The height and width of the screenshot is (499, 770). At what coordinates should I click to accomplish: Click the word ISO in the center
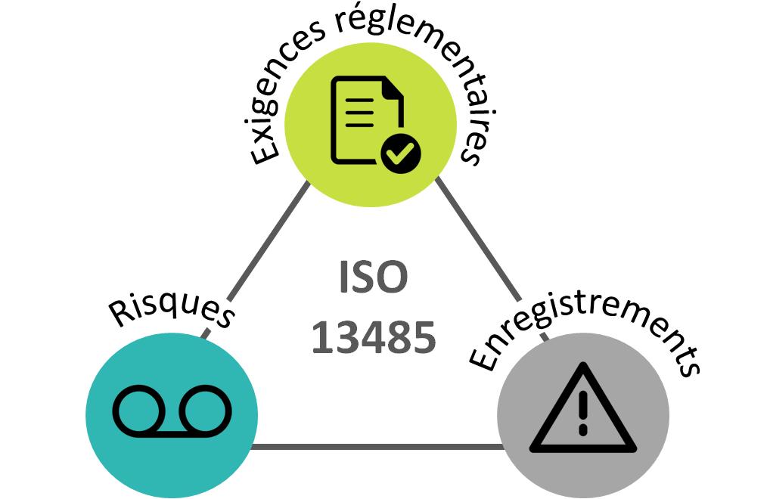click(x=373, y=278)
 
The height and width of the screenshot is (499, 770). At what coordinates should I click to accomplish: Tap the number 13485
click(x=374, y=337)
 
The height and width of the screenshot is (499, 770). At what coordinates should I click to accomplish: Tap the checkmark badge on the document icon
click(x=400, y=154)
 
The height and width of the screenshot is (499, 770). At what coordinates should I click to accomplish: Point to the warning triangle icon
click(x=582, y=412)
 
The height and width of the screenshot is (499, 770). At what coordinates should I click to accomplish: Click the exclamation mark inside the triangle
click(x=582, y=412)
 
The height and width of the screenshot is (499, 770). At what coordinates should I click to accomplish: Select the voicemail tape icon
click(x=172, y=413)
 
